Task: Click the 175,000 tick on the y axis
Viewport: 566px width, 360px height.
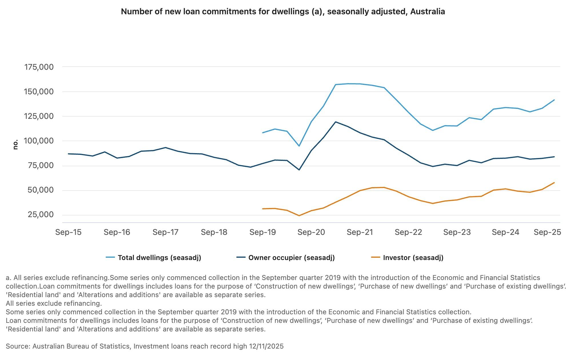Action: pos(39,67)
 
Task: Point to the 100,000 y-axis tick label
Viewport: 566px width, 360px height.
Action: pos(39,141)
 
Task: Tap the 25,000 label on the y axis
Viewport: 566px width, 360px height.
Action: pos(41,215)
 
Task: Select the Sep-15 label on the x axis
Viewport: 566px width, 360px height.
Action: pos(68,232)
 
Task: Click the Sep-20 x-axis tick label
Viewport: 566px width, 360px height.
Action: pos(311,232)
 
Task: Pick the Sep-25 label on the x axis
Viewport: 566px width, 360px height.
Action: pos(547,232)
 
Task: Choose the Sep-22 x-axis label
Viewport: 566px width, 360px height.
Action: pos(408,232)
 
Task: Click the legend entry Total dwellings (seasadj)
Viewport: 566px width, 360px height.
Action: pos(159,258)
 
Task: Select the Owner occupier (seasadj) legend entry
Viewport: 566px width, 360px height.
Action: pos(291,258)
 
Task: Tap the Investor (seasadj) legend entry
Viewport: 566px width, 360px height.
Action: pos(413,258)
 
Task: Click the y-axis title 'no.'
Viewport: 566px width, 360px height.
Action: pos(15,145)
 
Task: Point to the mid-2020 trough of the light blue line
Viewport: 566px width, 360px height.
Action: pos(299,146)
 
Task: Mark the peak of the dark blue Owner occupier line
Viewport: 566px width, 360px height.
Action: pos(335,122)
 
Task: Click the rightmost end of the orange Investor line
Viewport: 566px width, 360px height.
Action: pos(554,183)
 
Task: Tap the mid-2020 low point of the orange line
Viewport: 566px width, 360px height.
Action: pos(299,216)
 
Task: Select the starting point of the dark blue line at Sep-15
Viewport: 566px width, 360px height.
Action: pos(68,154)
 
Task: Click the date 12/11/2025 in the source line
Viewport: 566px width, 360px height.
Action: pos(266,346)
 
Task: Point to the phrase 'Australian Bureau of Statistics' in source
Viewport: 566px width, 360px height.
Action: pos(81,346)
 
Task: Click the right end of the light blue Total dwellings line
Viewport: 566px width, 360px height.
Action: pos(554,100)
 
